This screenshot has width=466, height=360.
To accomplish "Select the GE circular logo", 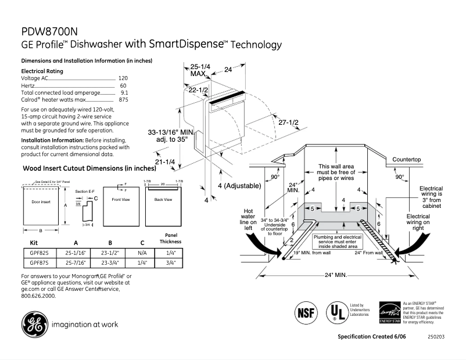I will pyautogui.click(x=34, y=325).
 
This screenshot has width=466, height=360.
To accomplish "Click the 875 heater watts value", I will pyautogui.click(x=123, y=100).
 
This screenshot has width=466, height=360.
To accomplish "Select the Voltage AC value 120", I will pyautogui.click(x=123, y=78).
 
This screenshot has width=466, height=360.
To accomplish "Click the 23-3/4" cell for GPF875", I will pyautogui.click(x=110, y=262).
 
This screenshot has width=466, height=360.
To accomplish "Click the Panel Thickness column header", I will pyautogui.click(x=170, y=238).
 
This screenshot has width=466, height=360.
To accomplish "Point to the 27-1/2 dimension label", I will pyautogui.click(x=287, y=123).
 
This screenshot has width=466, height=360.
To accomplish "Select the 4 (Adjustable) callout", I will pyautogui.click(x=239, y=185).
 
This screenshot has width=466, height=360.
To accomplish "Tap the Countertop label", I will pyautogui.click(x=406, y=159).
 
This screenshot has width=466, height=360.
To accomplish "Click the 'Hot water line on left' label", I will pyautogui.click(x=249, y=220).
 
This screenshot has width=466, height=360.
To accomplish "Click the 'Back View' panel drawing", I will pyautogui.click(x=163, y=207).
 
